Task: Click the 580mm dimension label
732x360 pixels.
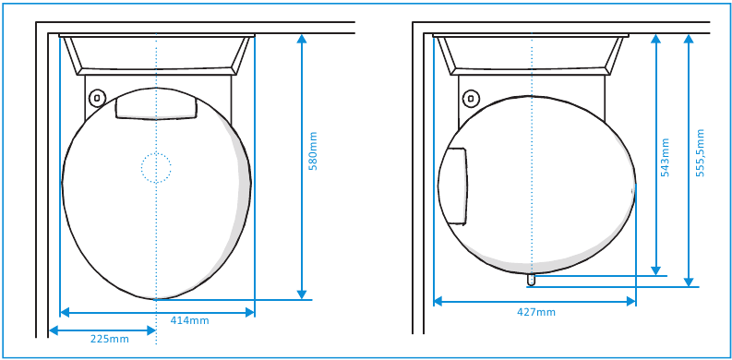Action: tap(313, 150)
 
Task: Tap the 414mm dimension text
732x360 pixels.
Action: tap(189, 321)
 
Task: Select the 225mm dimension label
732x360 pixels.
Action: tap(109, 340)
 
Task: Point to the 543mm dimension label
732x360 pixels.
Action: tap(666, 157)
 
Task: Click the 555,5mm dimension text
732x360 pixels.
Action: tap(700, 152)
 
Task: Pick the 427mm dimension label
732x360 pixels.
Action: tap(536, 312)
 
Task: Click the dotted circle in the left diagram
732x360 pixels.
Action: tap(156, 167)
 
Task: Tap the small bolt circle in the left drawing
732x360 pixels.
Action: tap(97, 98)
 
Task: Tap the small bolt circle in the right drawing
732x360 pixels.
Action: tap(471, 98)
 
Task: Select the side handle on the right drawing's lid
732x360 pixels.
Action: tap(453, 186)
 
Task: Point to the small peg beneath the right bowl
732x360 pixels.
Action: tap(531, 278)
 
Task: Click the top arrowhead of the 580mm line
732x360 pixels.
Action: tap(302, 40)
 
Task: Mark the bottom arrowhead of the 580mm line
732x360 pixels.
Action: tap(302, 294)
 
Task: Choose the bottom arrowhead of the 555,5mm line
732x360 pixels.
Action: tap(688, 282)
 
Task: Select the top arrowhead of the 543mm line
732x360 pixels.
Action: tap(655, 40)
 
